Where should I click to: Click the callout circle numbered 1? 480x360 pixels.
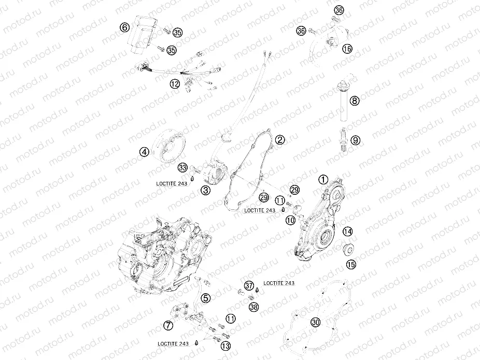pyautogui.click(x=323, y=180)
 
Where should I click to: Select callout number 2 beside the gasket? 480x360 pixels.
pyautogui.click(x=279, y=140)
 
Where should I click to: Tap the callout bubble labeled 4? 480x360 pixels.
pyautogui.click(x=144, y=152)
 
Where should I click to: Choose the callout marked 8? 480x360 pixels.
pyautogui.click(x=354, y=100)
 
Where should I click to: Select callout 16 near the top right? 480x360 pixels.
pyautogui.click(x=347, y=48)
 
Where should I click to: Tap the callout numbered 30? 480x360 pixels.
pyautogui.click(x=315, y=323)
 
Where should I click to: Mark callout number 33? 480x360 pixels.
pyautogui.click(x=182, y=167)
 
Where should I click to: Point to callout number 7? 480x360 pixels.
pyautogui.click(x=168, y=325)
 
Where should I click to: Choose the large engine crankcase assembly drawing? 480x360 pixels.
pyautogui.click(x=161, y=254)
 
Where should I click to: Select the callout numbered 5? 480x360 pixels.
pyautogui.click(x=206, y=297)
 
